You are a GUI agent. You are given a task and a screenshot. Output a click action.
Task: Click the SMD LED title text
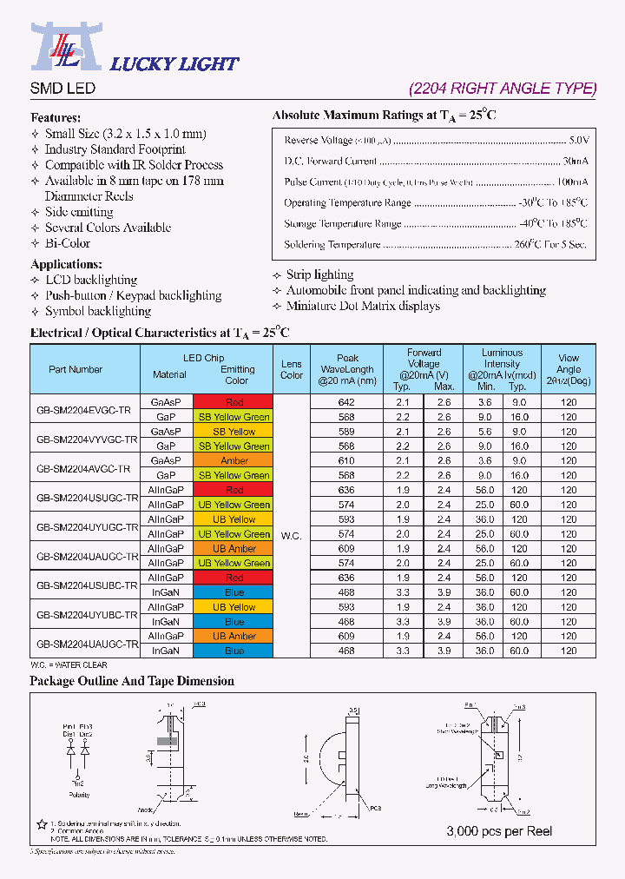click(x=62, y=89)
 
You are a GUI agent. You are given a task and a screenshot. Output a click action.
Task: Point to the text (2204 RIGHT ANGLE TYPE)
click(x=503, y=89)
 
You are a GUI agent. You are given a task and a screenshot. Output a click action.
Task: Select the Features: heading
click(x=56, y=117)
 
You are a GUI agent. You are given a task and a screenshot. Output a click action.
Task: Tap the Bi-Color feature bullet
click(x=68, y=243)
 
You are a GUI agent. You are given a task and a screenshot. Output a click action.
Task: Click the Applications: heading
click(x=66, y=264)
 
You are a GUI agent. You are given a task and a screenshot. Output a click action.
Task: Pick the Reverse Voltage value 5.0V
click(x=578, y=140)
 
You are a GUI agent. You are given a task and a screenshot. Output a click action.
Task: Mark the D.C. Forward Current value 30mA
click(x=575, y=161)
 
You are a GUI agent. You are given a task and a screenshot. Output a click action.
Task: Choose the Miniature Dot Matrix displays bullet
click(x=363, y=306)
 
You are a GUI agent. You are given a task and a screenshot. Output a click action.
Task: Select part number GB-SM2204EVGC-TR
click(x=84, y=409)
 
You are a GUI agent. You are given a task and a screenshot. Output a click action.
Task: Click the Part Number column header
click(x=76, y=369)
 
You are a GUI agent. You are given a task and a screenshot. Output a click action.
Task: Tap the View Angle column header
click(x=569, y=369)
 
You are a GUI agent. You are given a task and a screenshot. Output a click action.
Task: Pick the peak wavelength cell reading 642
click(x=346, y=402)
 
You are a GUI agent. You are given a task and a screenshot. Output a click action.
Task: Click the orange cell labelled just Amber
click(x=234, y=460)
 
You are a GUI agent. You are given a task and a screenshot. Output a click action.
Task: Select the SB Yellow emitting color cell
click(x=234, y=432)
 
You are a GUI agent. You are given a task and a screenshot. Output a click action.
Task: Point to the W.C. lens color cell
click(x=291, y=536)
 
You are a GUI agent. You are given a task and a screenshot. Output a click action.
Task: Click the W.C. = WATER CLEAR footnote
click(x=69, y=665)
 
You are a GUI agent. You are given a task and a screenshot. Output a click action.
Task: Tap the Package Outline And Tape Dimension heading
click(x=132, y=681)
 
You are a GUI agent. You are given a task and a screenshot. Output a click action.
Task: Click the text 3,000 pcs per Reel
click(x=499, y=831)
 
